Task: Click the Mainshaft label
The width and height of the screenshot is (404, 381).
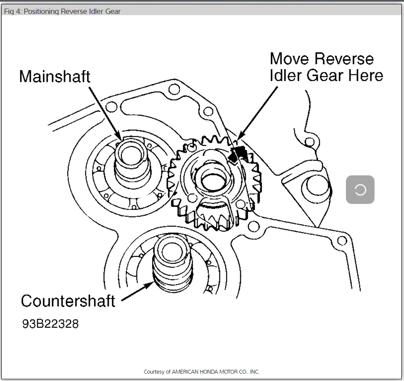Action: click(55, 77)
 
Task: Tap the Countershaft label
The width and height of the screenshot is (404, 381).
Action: click(68, 300)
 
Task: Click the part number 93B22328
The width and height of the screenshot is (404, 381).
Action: click(50, 324)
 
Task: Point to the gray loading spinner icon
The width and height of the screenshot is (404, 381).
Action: click(360, 190)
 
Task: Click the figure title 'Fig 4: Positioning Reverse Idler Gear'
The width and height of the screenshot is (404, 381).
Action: click(62, 11)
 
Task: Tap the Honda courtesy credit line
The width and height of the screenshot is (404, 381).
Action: click(202, 372)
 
